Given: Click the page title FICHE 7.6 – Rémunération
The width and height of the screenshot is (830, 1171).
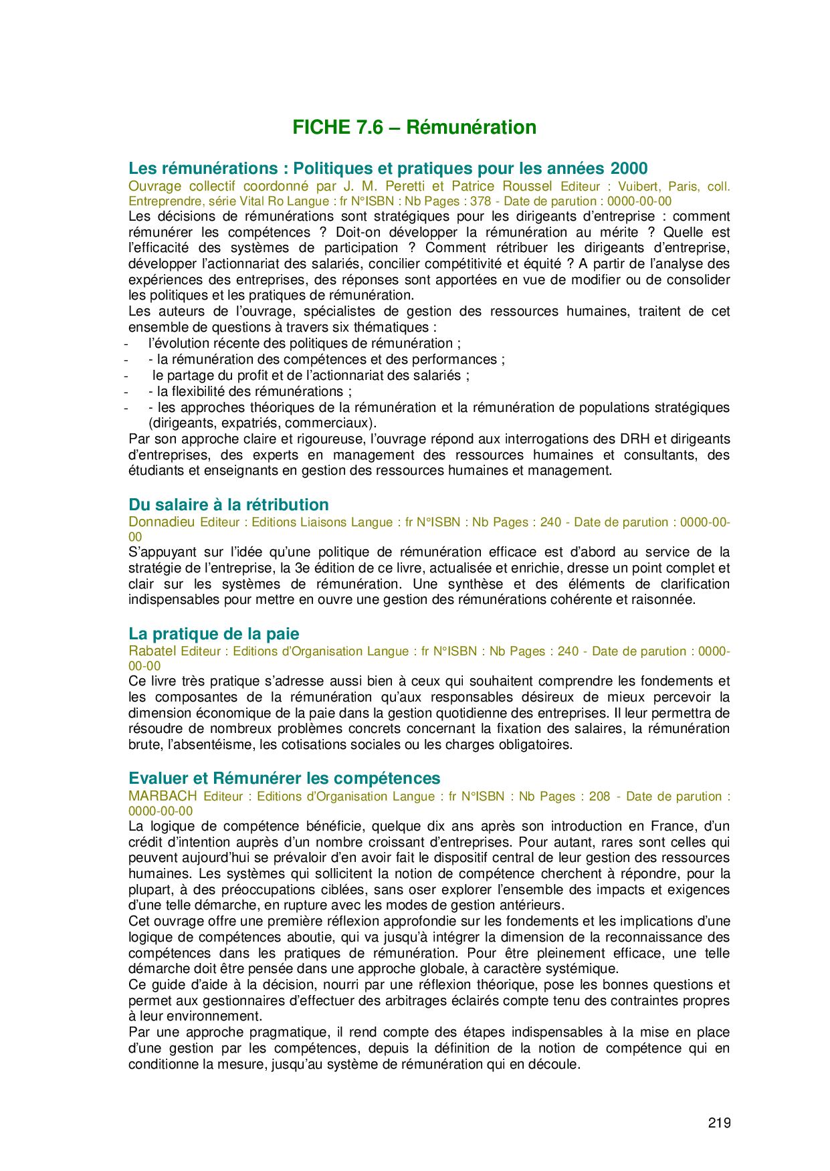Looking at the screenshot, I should [x=414, y=127].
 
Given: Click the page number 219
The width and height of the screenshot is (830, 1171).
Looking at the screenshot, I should [x=719, y=1123].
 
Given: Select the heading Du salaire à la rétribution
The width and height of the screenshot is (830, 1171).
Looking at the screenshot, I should [x=228, y=505].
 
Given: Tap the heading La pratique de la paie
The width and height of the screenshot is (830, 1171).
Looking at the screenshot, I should [x=213, y=634].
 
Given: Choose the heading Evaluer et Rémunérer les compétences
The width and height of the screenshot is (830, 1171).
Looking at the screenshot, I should [x=284, y=778].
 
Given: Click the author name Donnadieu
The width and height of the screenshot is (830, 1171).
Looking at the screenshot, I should [x=162, y=522].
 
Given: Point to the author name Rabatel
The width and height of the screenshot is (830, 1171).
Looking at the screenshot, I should [x=152, y=651].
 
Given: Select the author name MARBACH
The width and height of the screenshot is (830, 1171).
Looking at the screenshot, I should [x=163, y=796].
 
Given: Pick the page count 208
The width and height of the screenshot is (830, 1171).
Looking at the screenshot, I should [x=599, y=796].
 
